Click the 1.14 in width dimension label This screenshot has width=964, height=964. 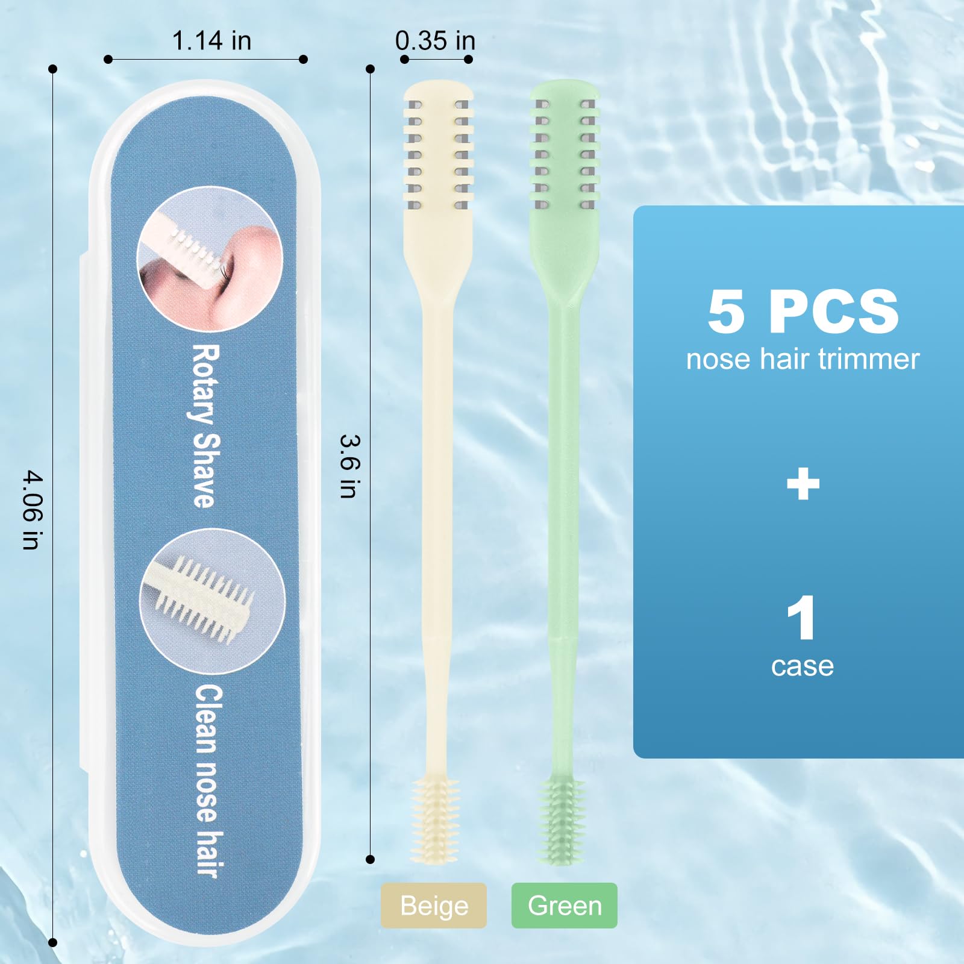pyautogui.click(x=211, y=41)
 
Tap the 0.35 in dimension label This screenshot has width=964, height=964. pyautogui.click(x=435, y=41)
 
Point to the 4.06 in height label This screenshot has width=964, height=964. pyautogui.click(x=33, y=510)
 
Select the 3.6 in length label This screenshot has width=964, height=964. pyautogui.click(x=350, y=466)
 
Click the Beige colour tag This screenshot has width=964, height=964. pyautogui.click(x=434, y=906)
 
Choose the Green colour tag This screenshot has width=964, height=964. pyautogui.click(x=565, y=906)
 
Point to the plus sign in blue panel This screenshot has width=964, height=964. pyautogui.click(x=803, y=484)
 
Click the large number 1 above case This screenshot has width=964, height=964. pyautogui.click(x=801, y=618)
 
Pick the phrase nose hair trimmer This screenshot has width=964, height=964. pyautogui.click(x=803, y=359)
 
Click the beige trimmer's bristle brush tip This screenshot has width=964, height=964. pyautogui.click(x=435, y=820)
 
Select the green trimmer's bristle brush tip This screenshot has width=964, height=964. pyautogui.click(x=562, y=820)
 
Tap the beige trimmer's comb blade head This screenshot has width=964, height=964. pyautogui.click(x=438, y=148)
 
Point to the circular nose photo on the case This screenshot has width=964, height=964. pyautogui.click(x=210, y=259)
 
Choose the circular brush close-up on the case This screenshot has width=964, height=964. pyautogui.click(x=212, y=601)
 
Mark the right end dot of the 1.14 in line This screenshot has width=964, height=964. pyautogui.click(x=303, y=59)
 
